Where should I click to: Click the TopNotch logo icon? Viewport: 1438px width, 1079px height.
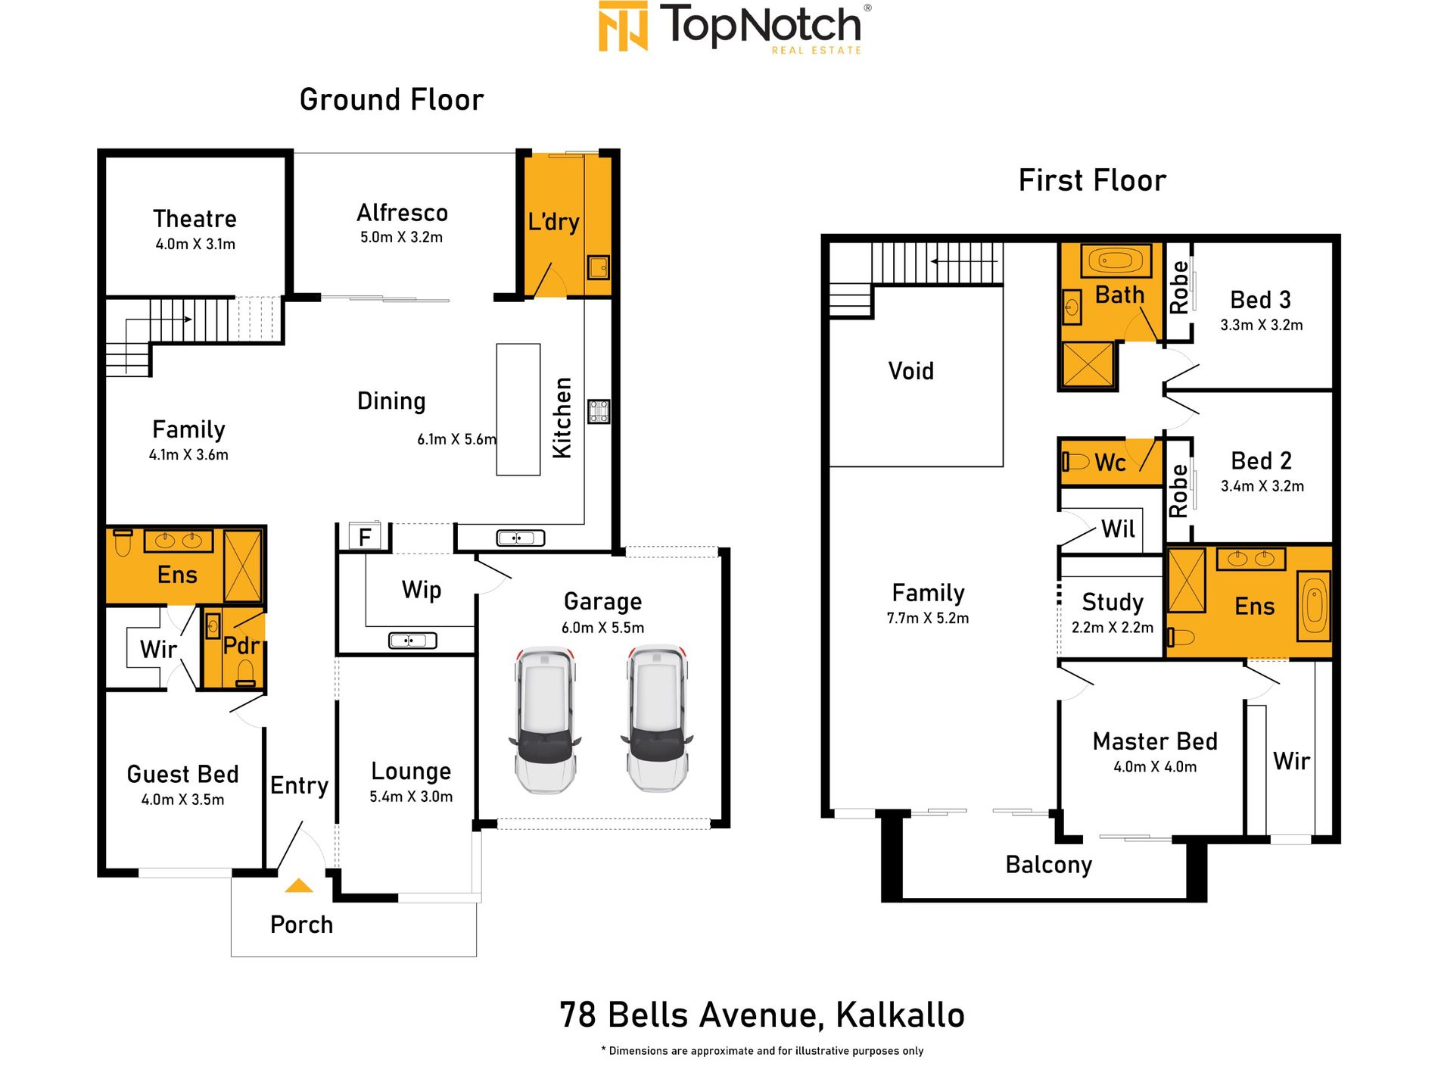pos(623,27)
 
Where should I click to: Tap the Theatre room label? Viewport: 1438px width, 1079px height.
pos(195,219)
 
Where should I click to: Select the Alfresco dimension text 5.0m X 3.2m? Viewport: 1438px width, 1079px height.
pos(402,237)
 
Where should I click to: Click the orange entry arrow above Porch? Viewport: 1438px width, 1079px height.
pos(299,885)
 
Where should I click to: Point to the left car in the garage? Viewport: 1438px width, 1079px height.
pos(545,719)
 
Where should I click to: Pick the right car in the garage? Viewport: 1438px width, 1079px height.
pos(657,718)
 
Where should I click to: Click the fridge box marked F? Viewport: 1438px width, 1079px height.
pos(365,537)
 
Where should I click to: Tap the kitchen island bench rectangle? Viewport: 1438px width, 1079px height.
pos(518,410)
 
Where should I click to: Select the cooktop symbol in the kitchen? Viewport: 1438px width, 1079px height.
pos(599,411)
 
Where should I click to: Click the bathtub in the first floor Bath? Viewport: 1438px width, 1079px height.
pos(1116,261)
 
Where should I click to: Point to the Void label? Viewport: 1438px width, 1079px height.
pos(911,371)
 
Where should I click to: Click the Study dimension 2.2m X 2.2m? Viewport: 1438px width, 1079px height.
pos(1113,628)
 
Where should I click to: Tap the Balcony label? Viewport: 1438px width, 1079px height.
pos(1049,865)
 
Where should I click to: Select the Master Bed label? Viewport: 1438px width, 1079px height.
pos(1155,741)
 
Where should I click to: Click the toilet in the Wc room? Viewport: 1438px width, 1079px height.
pos(1075,461)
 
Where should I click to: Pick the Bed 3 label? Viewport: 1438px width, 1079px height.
pos(1261,300)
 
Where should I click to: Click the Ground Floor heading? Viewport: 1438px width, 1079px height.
pos(391,100)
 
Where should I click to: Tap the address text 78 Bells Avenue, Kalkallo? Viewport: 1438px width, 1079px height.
pos(762,1015)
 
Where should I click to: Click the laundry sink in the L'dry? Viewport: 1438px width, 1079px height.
pos(599,267)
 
